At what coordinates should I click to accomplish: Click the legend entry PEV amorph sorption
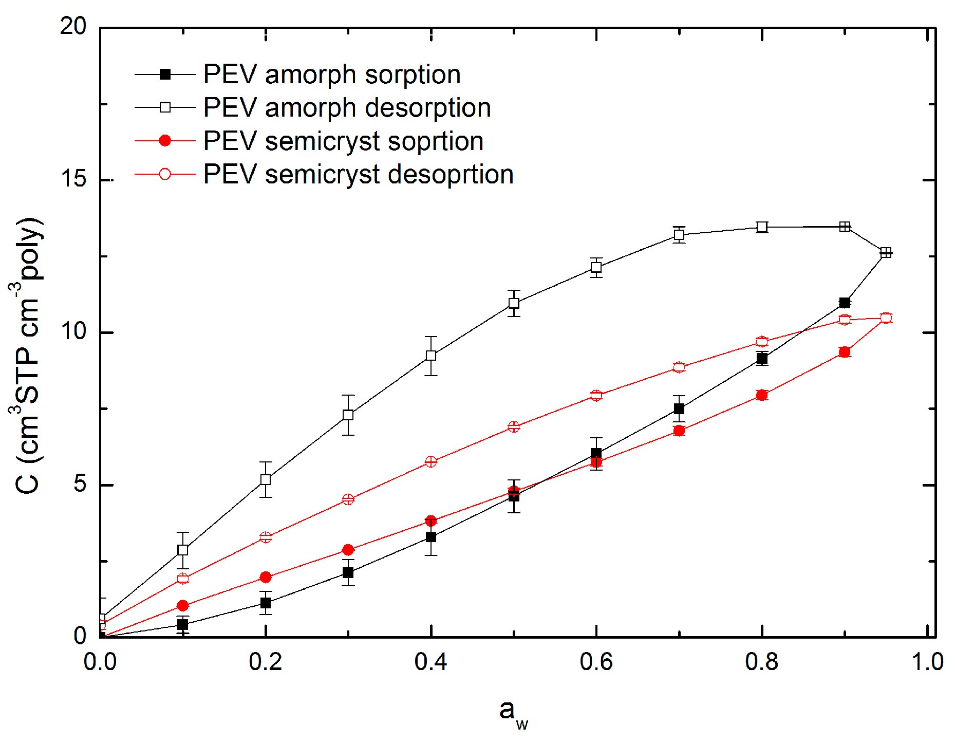331,75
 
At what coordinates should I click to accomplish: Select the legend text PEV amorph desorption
347,108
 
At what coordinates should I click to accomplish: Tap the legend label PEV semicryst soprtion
343,141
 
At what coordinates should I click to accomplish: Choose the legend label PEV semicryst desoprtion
358,175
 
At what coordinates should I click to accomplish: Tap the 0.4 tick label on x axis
430,662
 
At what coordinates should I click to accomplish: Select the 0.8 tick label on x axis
761,662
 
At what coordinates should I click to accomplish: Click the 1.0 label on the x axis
927,662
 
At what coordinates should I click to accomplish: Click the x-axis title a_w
513,713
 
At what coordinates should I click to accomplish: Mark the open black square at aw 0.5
514,303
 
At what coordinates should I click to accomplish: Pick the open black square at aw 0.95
886,252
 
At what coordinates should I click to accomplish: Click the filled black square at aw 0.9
845,303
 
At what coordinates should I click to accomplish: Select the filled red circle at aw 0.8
762,395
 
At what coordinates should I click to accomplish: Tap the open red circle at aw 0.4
431,461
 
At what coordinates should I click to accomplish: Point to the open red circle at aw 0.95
886,318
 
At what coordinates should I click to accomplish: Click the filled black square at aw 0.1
182,624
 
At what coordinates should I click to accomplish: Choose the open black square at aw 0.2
266,479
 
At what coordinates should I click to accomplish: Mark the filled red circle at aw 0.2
266,577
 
